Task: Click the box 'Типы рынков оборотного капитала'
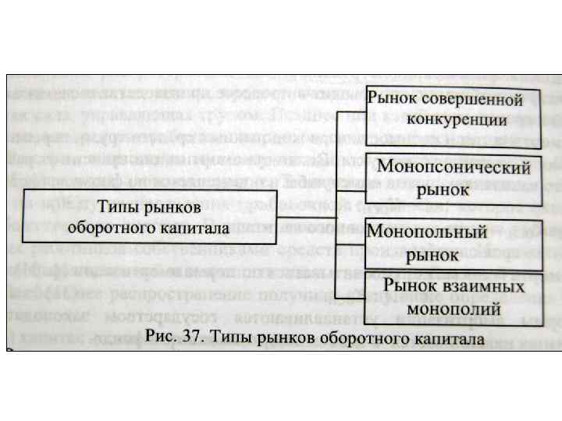pos(148,216)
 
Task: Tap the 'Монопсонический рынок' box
pos(453,178)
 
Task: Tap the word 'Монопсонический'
pos(454,168)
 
